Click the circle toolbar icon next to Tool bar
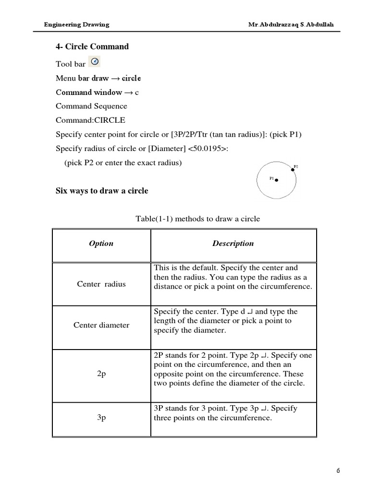tap(95, 62)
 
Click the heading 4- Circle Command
tap(92, 47)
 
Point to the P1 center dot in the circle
tap(277, 180)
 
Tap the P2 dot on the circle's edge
tap(293, 169)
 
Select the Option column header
tap(101, 244)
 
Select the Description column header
tap(233, 244)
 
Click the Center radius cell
tap(101, 284)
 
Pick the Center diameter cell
tap(101, 325)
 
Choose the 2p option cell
tap(101, 374)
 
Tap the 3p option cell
tap(101, 418)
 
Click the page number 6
tap(338, 470)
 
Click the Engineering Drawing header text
tap(77, 24)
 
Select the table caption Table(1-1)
tap(198, 219)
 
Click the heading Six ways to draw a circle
tap(102, 191)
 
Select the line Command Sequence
tap(91, 106)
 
